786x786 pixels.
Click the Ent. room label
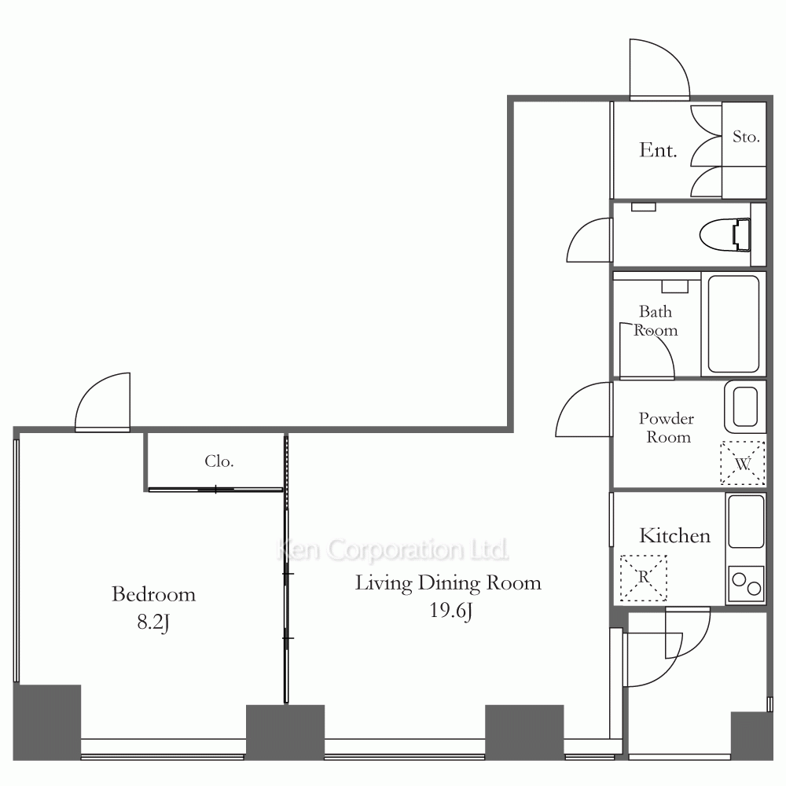(x=658, y=150)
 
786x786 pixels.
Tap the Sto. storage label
(x=746, y=136)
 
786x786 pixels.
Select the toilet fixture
(x=725, y=234)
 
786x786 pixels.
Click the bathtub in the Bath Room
(x=733, y=324)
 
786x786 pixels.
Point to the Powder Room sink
(x=745, y=406)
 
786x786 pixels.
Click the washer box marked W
(x=743, y=463)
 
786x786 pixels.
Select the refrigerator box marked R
(x=644, y=578)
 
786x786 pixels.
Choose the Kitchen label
(x=674, y=535)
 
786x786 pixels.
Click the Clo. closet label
(x=219, y=461)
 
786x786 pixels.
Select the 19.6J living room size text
(x=450, y=611)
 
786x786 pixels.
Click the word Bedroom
(x=153, y=594)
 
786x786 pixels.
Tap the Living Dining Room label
(x=448, y=583)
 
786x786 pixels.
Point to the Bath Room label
(x=656, y=321)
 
